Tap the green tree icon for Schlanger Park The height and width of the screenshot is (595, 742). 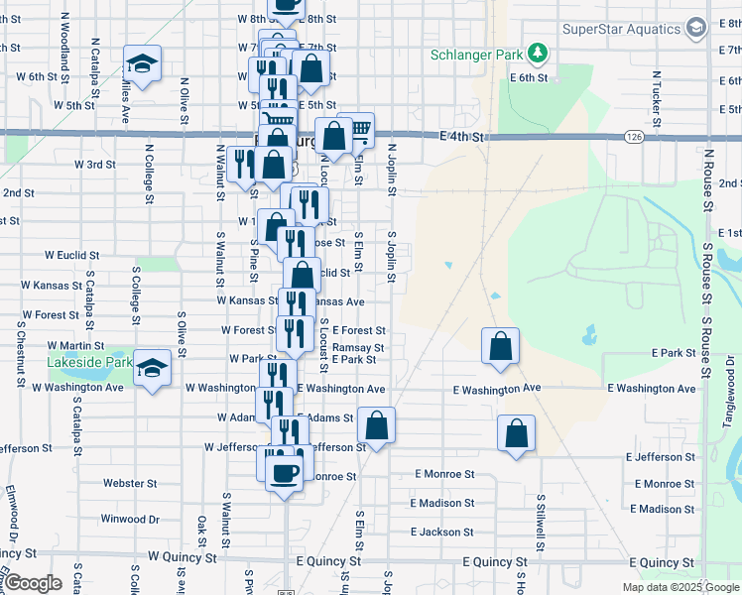click(537, 52)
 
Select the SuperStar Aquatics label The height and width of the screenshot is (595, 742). click(621, 28)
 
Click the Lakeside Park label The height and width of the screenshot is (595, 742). click(90, 363)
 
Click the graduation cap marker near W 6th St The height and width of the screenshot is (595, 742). click(142, 64)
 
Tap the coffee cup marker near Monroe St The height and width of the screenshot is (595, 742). click(285, 473)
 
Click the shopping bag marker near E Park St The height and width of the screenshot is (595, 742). click(501, 347)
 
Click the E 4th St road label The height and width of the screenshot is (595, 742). click(467, 137)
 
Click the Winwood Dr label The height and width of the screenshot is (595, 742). click(130, 519)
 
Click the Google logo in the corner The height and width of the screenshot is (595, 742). click(32, 583)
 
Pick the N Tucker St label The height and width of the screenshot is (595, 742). click(657, 94)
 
